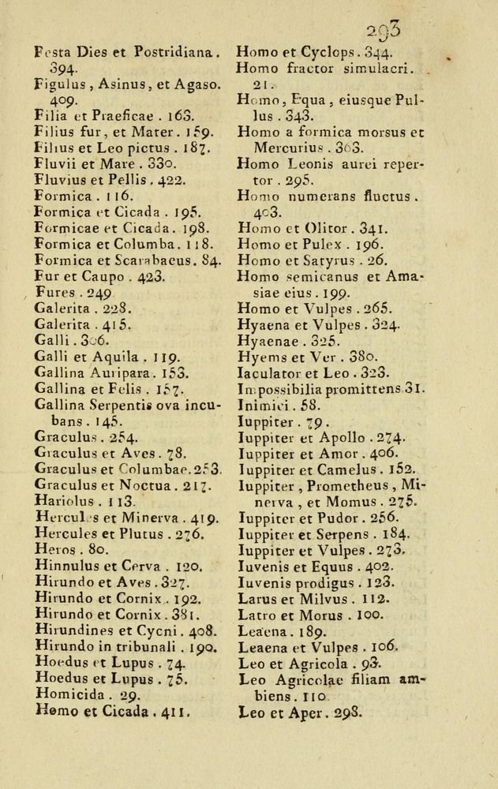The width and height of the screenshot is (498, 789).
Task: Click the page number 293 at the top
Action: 384,31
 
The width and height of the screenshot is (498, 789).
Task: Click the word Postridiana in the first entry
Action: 170,54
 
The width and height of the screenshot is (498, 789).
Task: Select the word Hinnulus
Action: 64,566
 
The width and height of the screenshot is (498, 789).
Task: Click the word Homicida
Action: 69,694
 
